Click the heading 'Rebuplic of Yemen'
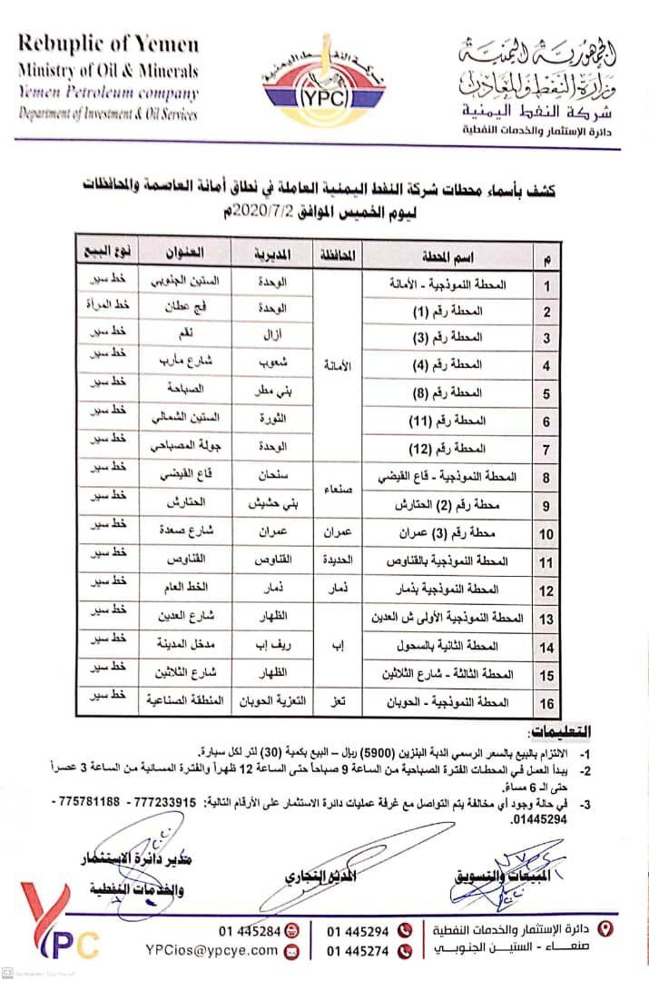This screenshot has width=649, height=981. click(x=107, y=44)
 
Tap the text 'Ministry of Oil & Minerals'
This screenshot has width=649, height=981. click(x=108, y=71)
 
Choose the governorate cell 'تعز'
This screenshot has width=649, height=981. click(x=336, y=702)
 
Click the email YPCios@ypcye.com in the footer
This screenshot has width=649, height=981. click(x=211, y=950)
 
